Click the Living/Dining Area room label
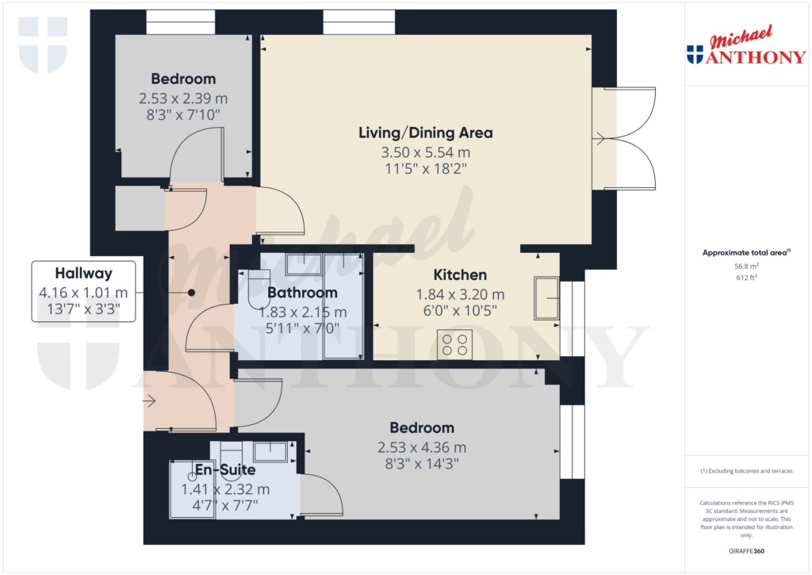coord(425,132)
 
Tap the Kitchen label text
coord(460,275)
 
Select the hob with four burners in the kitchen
coord(454,343)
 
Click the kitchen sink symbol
coord(546,297)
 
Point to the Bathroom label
coord(302,293)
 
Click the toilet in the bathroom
coord(257,290)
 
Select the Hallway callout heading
coord(83,274)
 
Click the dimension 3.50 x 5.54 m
coord(425,151)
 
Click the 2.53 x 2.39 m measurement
coord(183,98)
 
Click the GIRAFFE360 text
coord(746,551)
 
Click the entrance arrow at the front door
coord(149,401)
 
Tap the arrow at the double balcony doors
coord(599,140)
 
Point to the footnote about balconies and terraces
coord(746,471)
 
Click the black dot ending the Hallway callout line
coord(191,293)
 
